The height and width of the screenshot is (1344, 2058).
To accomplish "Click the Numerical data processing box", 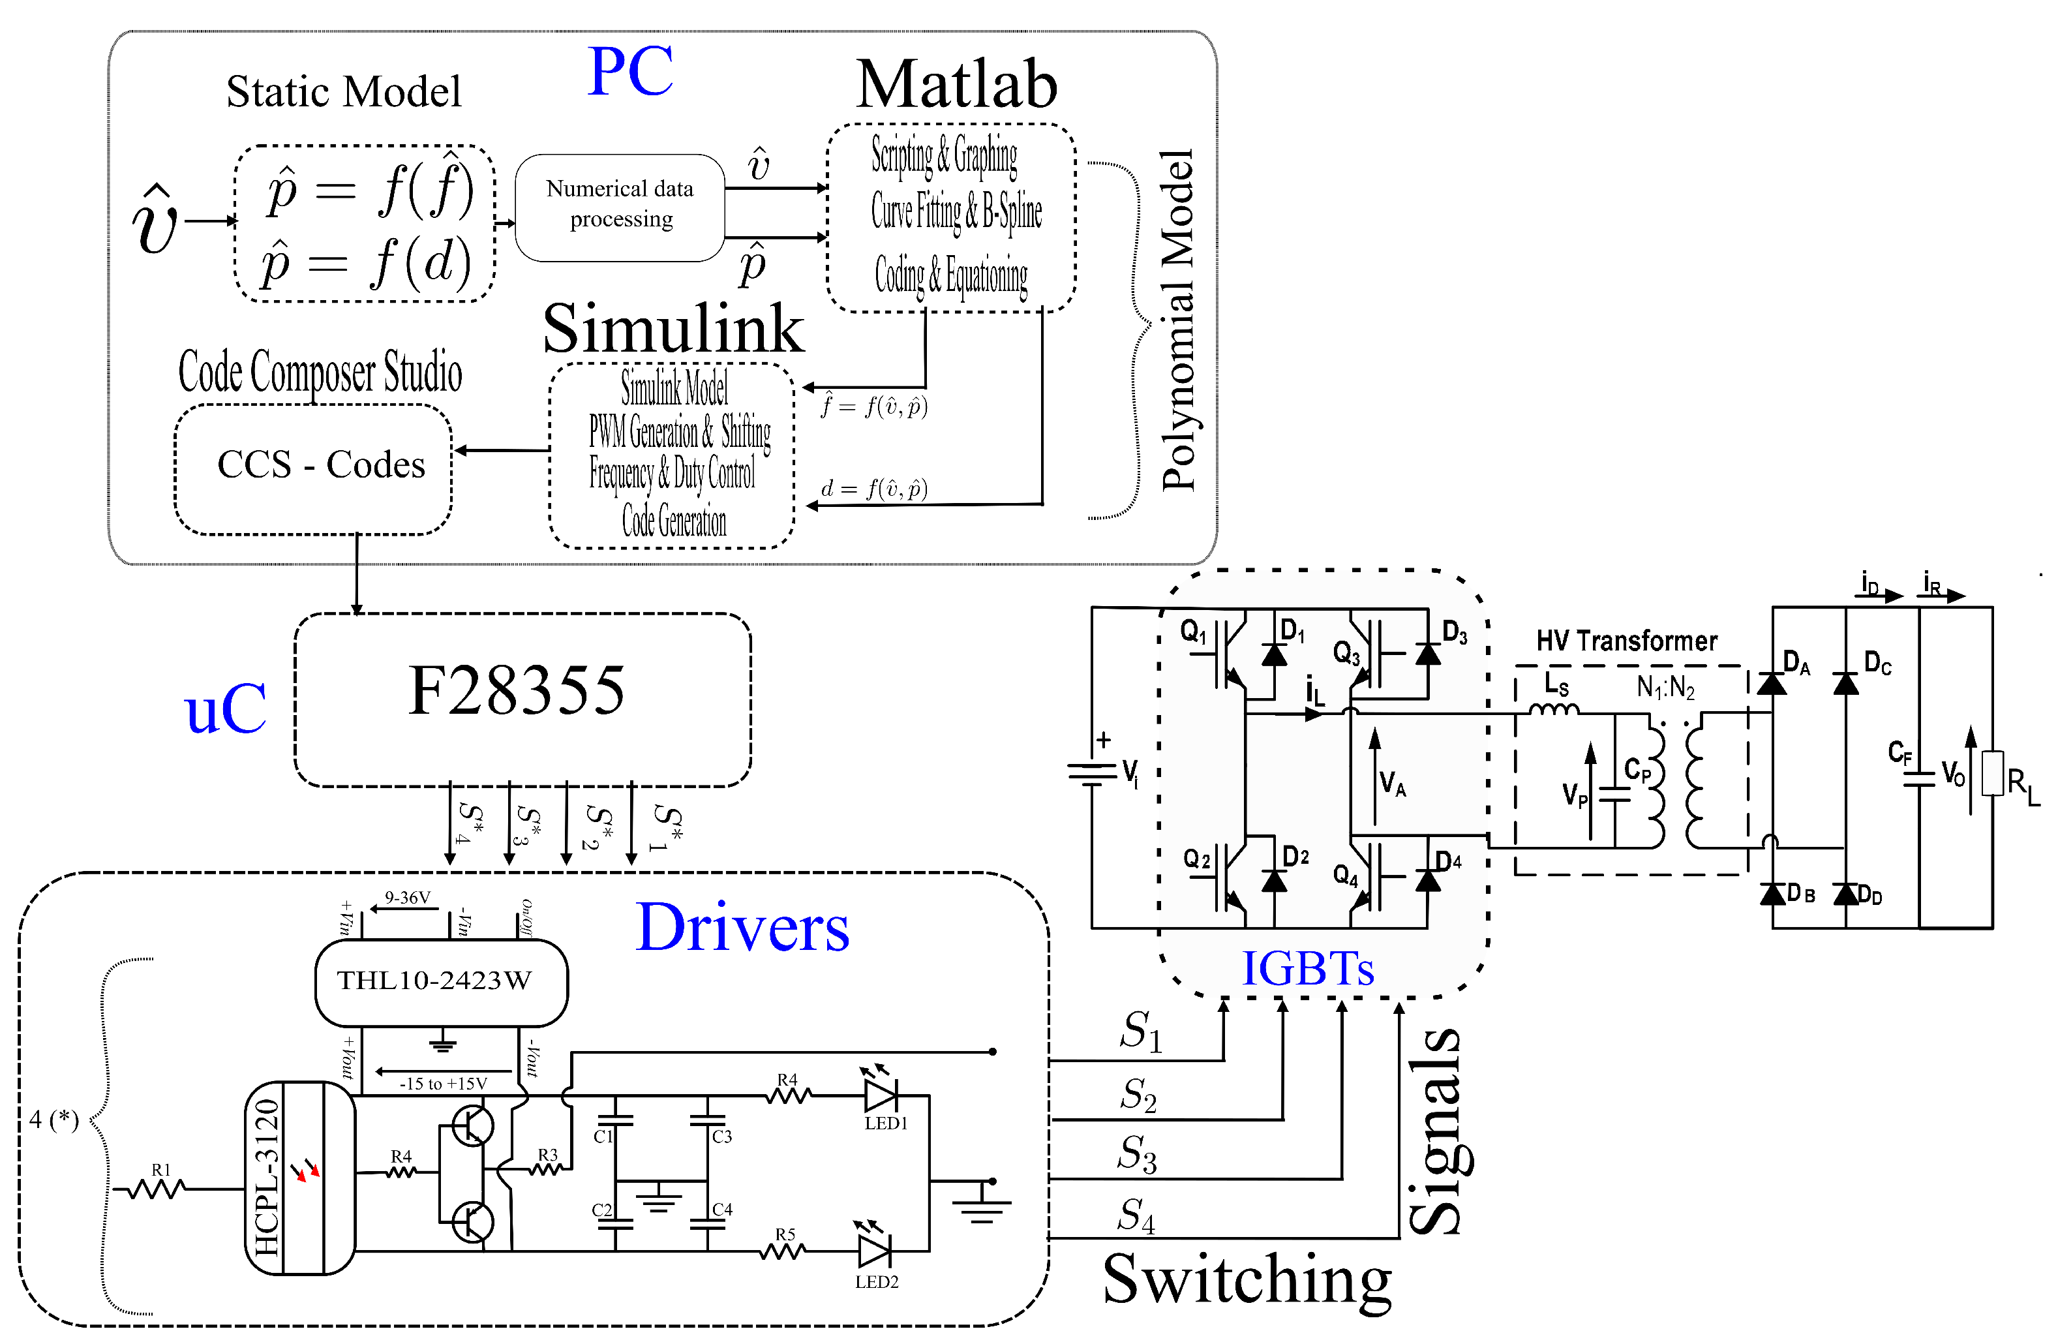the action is tap(619, 207).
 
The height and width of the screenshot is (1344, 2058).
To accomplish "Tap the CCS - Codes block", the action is tap(313, 468).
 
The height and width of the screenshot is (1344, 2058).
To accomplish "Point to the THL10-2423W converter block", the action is tap(441, 983).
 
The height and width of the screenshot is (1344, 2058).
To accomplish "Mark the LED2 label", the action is tap(877, 1282).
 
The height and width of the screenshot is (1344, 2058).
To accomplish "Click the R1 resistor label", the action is tap(161, 1170).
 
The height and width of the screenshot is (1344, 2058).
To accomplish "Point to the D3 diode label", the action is tap(1455, 632).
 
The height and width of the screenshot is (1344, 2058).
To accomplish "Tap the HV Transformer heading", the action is tap(1627, 641).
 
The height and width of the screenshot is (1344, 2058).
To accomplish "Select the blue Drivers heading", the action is tap(743, 927).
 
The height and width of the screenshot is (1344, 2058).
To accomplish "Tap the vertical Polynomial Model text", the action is tap(1178, 320).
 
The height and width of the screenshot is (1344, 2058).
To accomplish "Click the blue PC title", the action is tap(630, 71).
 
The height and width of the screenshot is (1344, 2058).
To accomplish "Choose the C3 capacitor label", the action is tap(722, 1137).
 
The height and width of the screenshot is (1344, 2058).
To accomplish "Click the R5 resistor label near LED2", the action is tap(785, 1234).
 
